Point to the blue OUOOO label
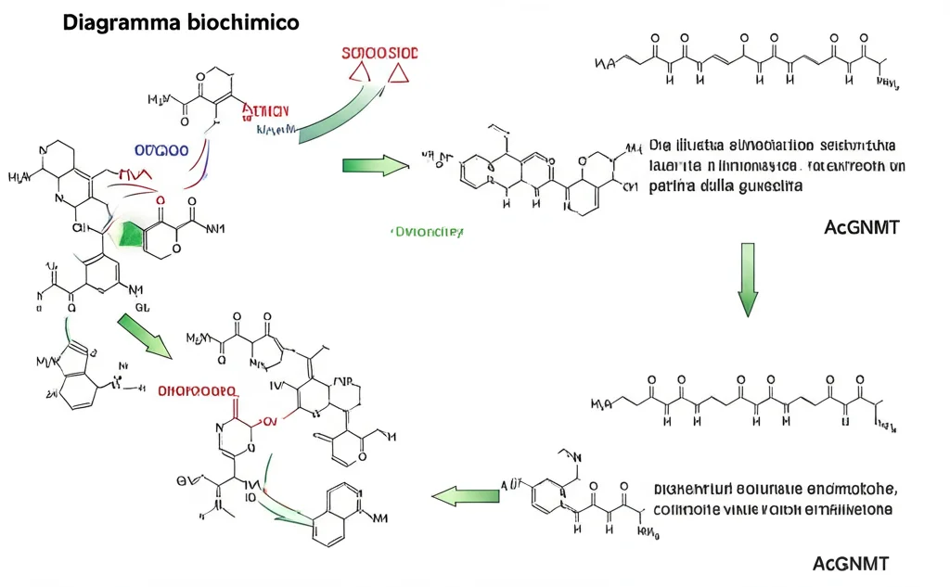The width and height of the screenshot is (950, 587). pos(161,149)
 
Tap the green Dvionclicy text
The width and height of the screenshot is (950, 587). pos(426,233)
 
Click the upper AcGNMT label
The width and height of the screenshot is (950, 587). pos(861,227)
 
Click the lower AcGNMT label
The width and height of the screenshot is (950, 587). pos(850,563)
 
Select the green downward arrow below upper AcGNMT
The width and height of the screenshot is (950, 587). pos(748,279)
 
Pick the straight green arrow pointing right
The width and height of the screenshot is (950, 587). pos(375,166)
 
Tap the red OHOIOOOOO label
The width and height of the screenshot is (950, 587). pos(197,392)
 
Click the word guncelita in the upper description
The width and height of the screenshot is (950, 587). pos(765,185)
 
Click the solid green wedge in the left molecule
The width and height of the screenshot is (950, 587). pos(133,236)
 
